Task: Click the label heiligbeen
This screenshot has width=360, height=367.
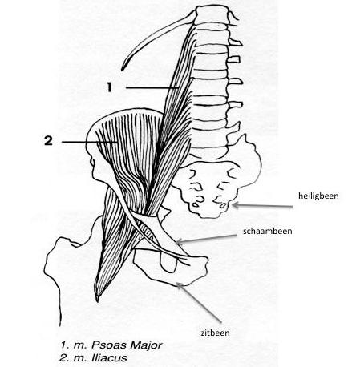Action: point(318,196)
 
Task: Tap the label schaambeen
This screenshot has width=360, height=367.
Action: point(267,231)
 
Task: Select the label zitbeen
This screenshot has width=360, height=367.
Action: point(215,333)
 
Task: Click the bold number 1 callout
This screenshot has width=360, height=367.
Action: point(109,87)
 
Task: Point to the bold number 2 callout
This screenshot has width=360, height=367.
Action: point(48,141)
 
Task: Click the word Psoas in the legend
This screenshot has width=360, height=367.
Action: point(108,345)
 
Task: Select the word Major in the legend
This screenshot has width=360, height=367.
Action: point(146,345)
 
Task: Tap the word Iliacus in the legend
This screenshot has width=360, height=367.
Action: point(110,358)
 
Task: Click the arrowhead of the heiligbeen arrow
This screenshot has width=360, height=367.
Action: point(233,205)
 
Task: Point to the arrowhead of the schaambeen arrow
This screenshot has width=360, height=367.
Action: point(177,242)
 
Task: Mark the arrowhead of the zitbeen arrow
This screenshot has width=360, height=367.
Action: point(177,284)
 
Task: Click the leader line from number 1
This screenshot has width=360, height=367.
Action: point(152,87)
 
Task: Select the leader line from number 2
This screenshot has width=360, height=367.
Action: point(90,142)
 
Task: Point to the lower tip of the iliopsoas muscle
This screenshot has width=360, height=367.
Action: point(97,301)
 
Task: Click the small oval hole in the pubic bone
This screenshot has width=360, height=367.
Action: point(168,262)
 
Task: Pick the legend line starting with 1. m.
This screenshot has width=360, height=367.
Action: point(111,345)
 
